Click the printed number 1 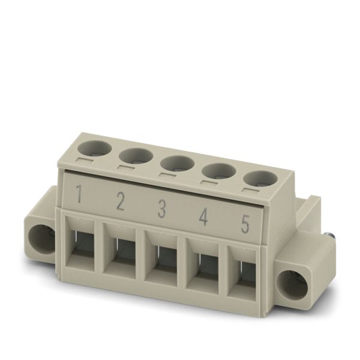click(79, 194)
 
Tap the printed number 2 click(121, 202)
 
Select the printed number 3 click(162, 209)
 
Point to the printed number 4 click(203, 217)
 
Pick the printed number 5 click(245, 224)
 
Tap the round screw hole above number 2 click(136, 155)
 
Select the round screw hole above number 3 click(178, 163)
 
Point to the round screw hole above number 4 click(219, 171)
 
